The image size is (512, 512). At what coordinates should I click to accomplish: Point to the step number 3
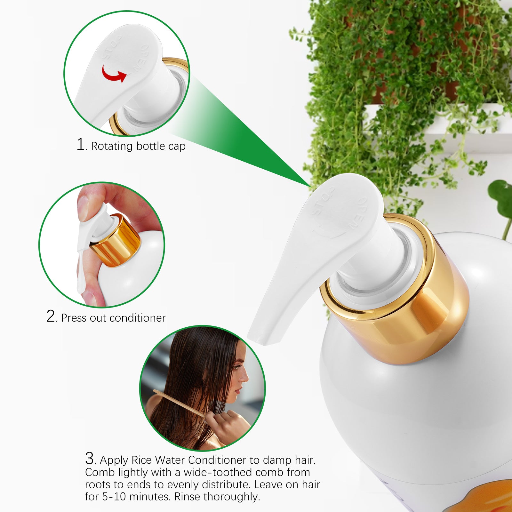tap(90, 458)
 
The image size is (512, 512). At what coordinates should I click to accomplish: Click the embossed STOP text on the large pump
tap(323, 201)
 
